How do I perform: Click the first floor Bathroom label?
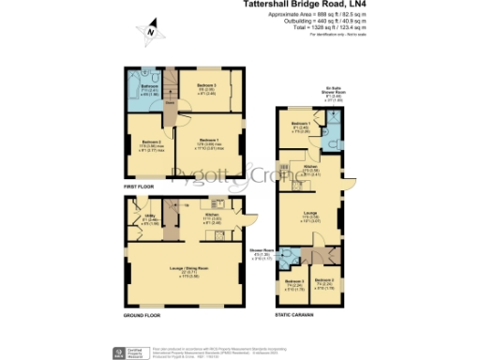point(148,86)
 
